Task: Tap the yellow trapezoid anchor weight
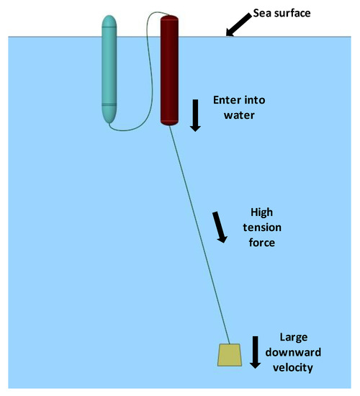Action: tap(230, 354)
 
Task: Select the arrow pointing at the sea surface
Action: tap(238, 25)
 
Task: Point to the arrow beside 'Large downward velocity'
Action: tap(255, 354)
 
